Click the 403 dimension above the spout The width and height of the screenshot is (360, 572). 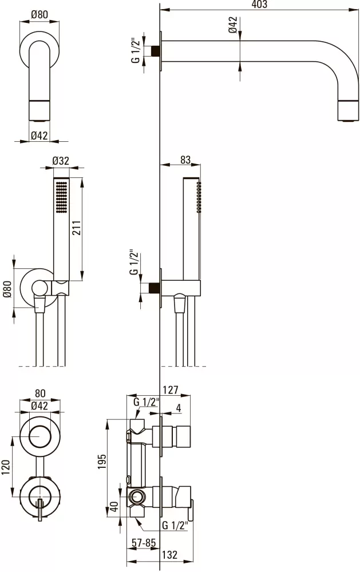[x=259, y=4]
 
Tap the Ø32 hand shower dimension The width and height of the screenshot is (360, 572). [x=61, y=161]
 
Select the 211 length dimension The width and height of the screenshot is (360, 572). [x=77, y=228]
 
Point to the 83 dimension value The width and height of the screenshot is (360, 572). [x=185, y=160]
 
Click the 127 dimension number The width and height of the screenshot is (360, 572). [x=171, y=390]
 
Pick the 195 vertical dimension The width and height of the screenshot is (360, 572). [x=102, y=462]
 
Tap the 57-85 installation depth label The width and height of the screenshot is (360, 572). [x=144, y=542]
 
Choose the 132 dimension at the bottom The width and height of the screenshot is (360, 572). [x=170, y=554]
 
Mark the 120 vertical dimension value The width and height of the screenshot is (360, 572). [x=6, y=467]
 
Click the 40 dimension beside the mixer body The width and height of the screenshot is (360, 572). [x=114, y=507]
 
